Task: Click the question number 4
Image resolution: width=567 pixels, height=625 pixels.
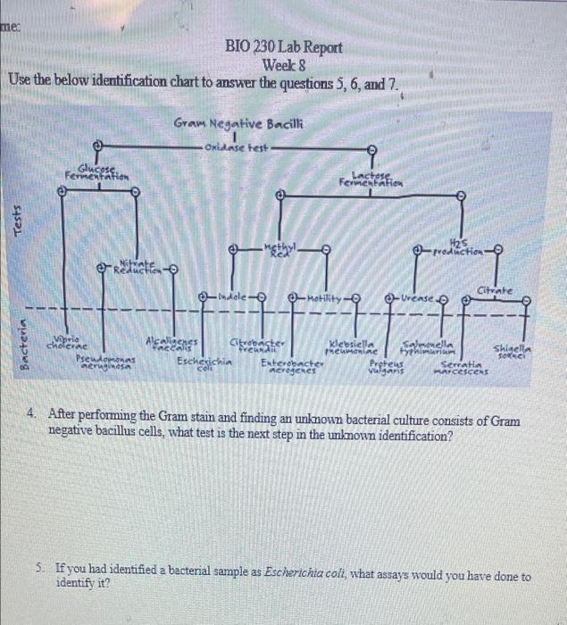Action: pos(32,414)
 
